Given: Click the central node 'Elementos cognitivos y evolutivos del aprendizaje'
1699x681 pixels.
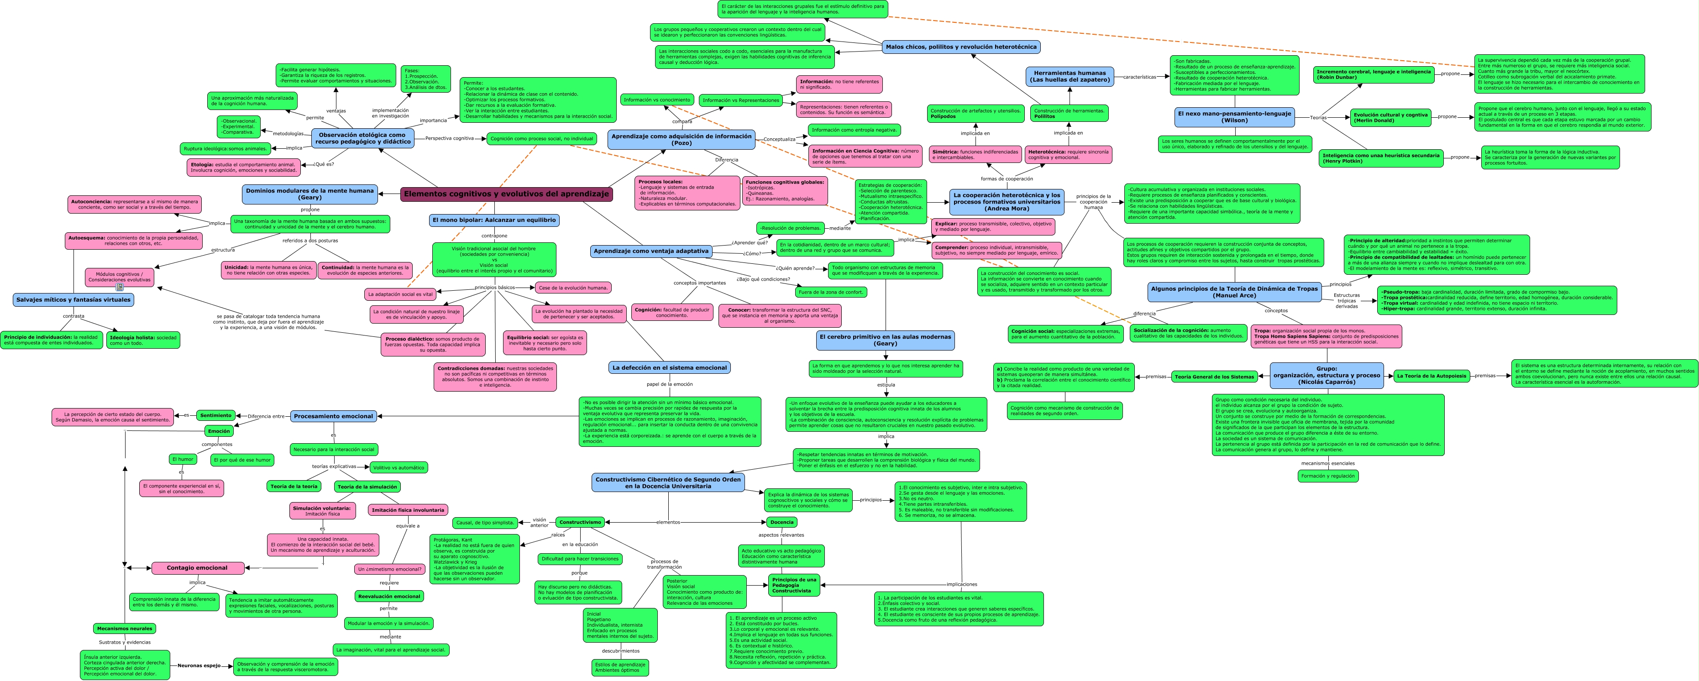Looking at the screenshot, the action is (x=506, y=194).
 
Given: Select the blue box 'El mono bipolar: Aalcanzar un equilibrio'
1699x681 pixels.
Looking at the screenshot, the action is (x=494, y=220).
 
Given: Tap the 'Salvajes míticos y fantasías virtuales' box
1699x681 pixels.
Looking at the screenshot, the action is (x=73, y=299).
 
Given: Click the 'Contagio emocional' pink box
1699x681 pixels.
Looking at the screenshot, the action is (x=197, y=568).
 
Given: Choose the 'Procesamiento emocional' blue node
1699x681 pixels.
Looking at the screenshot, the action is (x=333, y=416).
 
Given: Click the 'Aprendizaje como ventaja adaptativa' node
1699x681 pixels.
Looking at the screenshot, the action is (x=650, y=251).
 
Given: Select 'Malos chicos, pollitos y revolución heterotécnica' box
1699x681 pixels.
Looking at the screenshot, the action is (x=960, y=47).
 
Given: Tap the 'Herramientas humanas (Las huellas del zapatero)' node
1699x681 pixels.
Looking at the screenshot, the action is (x=1069, y=77).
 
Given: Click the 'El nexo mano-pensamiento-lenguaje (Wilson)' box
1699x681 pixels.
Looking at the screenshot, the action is (x=1234, y=117).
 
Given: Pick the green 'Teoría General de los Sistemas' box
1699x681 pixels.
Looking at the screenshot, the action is (x=1214, y=377).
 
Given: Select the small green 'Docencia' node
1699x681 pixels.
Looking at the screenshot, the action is (x=781, y=522).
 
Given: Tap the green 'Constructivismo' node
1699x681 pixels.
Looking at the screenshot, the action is (x=580, y=522).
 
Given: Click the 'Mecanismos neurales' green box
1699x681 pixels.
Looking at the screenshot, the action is (x=125, y=628).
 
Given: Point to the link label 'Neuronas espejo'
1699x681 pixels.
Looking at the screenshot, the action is (x=199, y=665).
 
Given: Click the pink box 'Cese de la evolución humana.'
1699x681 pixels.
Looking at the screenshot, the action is (x=573, y=288).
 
